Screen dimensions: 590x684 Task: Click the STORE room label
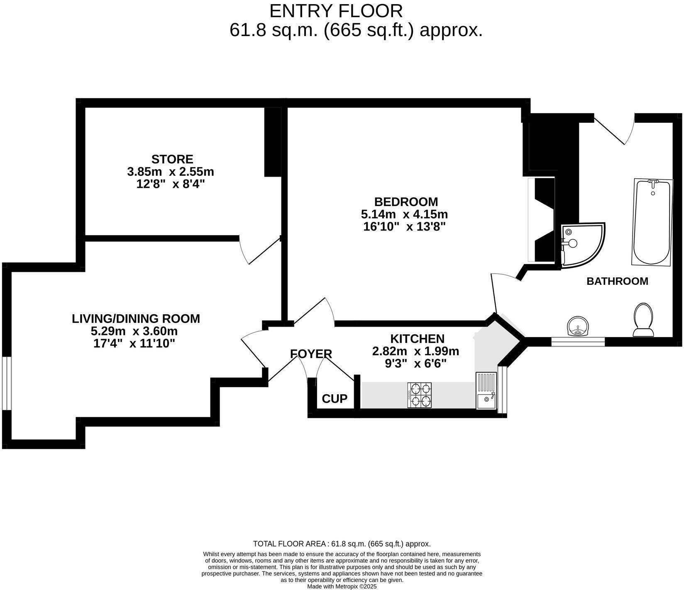pyautogui.click(x=172, y=159)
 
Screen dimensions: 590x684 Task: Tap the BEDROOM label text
pyautogui.click(x=406, y=202)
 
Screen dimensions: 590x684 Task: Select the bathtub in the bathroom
pyautogui.click(x=652, y=222)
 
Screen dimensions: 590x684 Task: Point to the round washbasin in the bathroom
pyautogui.click(x=578, y=326)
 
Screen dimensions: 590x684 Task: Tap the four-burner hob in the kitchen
pyautogui.click(x=420, y=395)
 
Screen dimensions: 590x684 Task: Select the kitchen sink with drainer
pyautogui.click(x=486, y=391)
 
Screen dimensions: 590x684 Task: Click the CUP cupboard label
pyautogui.click(x=335, y=399)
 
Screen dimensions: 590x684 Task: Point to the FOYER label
pyautogui.click(x=311, y=354)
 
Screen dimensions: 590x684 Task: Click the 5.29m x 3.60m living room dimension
pyautogui.click(x=134, y=331)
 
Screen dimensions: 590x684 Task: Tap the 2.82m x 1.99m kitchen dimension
pyautogui.click(x=415, y=352)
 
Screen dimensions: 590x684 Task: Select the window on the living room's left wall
pyautogui.click(x=6, y=383)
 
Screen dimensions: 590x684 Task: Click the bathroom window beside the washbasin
pyautogui.click(x=578, y=342)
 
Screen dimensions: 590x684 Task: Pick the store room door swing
pyautogui.click(x=259, y=251)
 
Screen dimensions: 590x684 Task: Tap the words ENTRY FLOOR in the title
pyautogui.click(x=336, y=11)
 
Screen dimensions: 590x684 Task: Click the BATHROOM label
pyautogui.click(x=617, y=281)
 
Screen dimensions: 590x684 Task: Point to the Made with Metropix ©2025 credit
pyautogui.click(x=342, y=587)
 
